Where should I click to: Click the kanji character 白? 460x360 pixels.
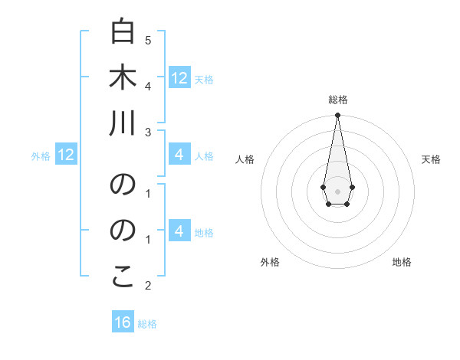tap(123, 32)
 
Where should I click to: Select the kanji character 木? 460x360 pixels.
tap(123, 78)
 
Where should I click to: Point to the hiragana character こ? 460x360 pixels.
tap(123, 277)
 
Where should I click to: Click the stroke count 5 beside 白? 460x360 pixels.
tap(148, 39)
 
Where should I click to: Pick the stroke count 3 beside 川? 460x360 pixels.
tap(148, 132)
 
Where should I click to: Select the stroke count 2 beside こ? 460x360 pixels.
tap(148, 286)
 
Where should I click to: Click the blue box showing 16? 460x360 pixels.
tap(123, 322)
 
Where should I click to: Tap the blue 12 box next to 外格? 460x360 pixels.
tap(66, 155)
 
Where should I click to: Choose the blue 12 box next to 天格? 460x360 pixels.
tap(179, 78)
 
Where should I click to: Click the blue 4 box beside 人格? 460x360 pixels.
tap(179, 155)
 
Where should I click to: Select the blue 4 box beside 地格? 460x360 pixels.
tap(179, 231)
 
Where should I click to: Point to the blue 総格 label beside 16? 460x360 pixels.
tap(147, 324)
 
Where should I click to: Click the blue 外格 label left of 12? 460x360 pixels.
tap(41, 156)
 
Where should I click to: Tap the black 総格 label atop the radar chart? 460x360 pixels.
tap(337, 100)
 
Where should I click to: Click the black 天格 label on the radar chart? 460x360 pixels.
tap(431, 159)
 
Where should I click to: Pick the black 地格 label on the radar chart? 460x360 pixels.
tap(402, 262)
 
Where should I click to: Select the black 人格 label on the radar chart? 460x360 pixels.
tap(245, 159)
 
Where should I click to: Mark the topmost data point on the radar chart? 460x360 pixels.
tap(337, 116)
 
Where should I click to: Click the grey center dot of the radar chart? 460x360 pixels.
tap(337, 191)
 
